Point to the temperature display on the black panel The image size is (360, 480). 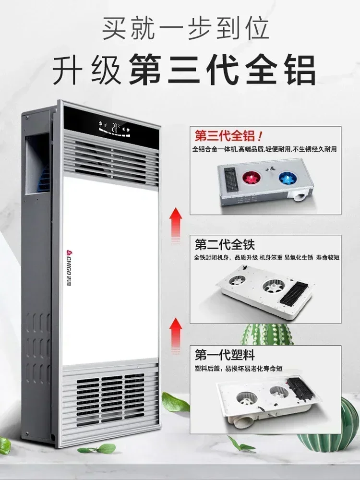(115, 128)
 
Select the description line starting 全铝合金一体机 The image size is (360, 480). (264, 149)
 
